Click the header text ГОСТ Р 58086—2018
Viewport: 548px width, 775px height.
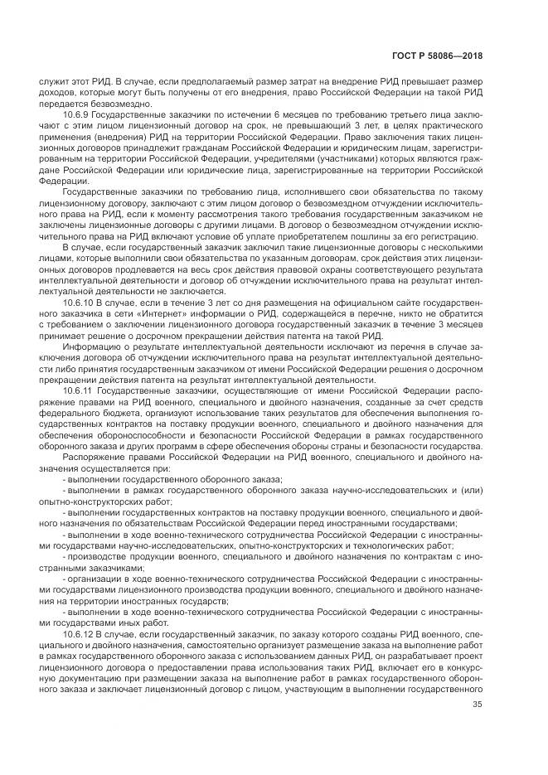click(448, 56)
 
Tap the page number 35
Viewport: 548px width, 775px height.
click(477, 705)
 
